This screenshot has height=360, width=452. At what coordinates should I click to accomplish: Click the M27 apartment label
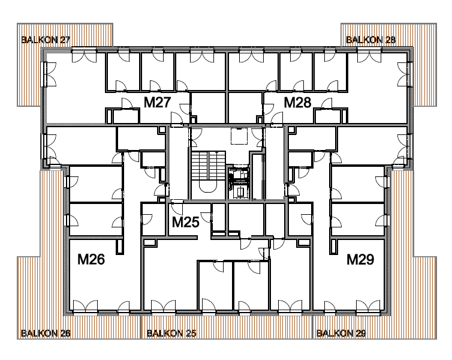point(158,103)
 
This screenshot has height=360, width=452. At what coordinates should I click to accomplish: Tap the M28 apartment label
point(298,103)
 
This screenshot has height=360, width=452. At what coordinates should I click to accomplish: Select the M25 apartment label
point(186,222)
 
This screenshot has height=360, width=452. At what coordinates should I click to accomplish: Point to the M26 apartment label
point(91,259)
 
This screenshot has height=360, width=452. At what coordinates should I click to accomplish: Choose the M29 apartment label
point(360,259)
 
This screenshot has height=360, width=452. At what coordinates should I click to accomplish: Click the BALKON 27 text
point(46,40)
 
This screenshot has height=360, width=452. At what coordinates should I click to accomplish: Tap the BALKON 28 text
point(370,40)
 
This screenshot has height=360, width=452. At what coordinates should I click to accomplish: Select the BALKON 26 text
point(46,334)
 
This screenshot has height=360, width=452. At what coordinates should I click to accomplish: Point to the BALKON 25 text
point(171,334)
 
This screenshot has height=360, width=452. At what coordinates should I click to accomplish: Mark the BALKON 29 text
point(341,334)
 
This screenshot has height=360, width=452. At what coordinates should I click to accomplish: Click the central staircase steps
point(208,165)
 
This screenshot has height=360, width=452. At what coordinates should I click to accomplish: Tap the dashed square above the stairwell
point(239,136)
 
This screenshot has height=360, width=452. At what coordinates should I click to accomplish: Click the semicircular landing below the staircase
point(208,188)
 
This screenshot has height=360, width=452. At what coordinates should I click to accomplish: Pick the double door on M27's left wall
point(50,74)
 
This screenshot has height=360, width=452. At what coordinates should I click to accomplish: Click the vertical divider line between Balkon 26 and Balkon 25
point(141,327)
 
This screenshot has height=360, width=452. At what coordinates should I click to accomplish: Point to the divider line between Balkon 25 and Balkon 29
point(313,327)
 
